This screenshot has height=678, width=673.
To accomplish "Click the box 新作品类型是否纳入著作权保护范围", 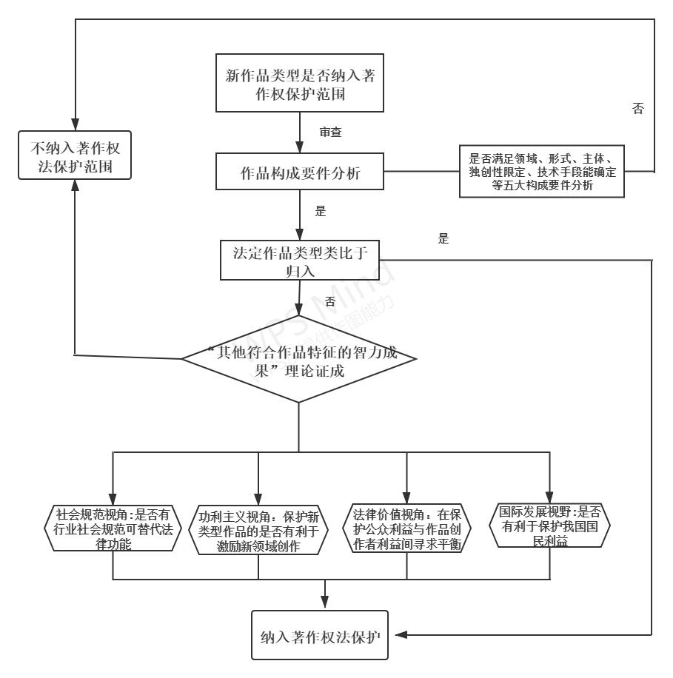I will [x=299, y=84].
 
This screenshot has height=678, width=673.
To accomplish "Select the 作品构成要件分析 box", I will [x=300, y=172].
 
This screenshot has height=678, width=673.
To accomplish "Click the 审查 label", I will [x=330, y=132].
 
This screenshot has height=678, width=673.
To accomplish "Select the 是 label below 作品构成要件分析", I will [x=321, y=211].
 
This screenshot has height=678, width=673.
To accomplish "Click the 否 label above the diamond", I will [x=329, y=301].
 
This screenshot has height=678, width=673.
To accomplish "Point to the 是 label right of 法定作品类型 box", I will [x=443, y=239].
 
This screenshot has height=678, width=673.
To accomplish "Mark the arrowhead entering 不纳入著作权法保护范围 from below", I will [x=75, y=186].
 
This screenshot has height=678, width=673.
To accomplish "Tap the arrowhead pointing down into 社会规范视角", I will [x=113, y=497].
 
